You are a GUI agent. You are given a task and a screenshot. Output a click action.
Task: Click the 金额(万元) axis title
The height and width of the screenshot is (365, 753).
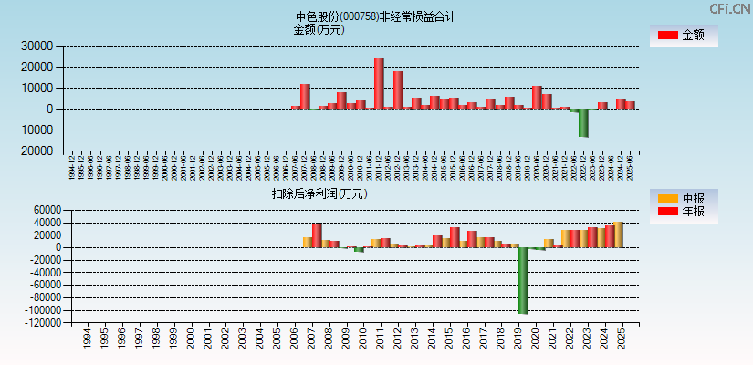(x=319, y=29)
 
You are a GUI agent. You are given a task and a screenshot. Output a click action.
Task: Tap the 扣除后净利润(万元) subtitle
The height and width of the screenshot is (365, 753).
(x=319, y=193)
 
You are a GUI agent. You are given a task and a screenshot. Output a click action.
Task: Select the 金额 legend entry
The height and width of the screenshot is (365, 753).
(x=683, y=36)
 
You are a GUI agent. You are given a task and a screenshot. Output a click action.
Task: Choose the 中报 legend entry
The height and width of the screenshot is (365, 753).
(x=683, y=198)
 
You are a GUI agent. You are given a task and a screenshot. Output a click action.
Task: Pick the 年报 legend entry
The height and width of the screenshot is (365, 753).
(x=683, y=212)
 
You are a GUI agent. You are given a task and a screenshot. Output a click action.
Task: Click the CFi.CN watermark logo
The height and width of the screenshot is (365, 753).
(x=729, y=8)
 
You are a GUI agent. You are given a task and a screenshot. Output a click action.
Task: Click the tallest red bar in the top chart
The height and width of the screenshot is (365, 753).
(x=379, y=84)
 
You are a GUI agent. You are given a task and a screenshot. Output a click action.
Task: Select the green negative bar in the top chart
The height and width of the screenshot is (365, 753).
(x=583, y=123)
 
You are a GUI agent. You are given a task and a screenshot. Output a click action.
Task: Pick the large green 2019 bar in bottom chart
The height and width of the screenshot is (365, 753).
(x=523, y=280)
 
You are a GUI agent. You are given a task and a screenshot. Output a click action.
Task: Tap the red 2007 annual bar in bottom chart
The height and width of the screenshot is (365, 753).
(x=317, y=235)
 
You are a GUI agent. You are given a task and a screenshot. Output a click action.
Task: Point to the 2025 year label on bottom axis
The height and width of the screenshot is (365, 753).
(x=620, y=340)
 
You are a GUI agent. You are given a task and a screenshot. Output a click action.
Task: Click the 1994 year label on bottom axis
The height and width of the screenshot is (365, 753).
(x=87, y=340)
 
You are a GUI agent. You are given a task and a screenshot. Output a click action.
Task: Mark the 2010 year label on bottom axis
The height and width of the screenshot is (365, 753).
(x=362, y=340)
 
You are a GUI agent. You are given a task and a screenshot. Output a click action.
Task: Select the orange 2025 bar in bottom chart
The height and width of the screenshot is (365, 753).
(x=618, y=235)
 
